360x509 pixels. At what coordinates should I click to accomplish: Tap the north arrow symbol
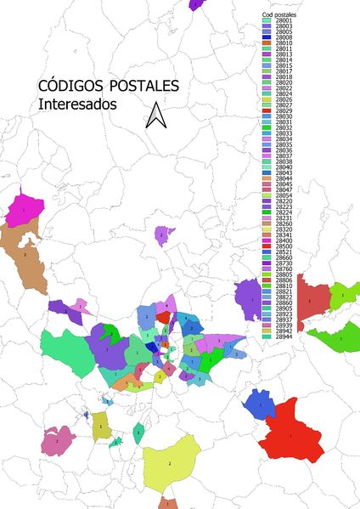(x=155, y=116)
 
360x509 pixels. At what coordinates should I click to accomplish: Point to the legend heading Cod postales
(x=281, y=15)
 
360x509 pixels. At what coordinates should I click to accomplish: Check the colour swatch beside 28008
(x=267, y=37)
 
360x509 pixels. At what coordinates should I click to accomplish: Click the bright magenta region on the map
(x=23, y=208)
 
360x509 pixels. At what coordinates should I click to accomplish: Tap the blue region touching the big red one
(x=258, y=405)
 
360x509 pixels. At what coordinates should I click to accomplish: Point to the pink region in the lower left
(x=56, y=440)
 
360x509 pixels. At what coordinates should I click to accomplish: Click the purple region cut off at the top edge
(x=196, y=3)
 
